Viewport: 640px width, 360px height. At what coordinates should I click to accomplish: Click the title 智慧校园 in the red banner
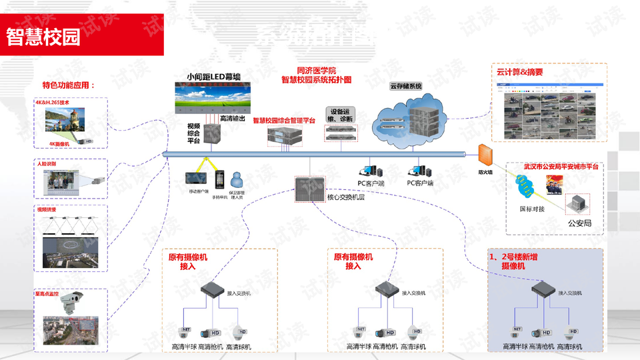pos(43,37)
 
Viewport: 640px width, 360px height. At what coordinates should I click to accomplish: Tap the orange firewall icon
pos(485,155)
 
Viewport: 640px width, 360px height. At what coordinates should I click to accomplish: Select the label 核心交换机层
pos(345,197)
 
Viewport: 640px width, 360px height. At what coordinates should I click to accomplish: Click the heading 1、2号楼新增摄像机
pos(514,261)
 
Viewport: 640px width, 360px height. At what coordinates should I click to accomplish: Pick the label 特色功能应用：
pos(69,85)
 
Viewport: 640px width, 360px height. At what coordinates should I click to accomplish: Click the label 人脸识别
pos(47,163)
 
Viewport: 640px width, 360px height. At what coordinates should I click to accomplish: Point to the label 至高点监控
pos(47,293)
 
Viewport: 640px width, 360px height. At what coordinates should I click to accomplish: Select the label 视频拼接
pos(47,209)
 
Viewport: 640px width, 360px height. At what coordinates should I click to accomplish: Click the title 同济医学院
pos(317,71)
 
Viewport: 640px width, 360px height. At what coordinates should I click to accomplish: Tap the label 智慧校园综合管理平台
pos(284,120)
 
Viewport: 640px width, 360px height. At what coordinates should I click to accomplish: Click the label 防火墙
pos(485,172)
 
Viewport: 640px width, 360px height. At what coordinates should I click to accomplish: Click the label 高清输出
pos(232,119)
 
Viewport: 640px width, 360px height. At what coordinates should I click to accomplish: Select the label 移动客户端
pos(199,191)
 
